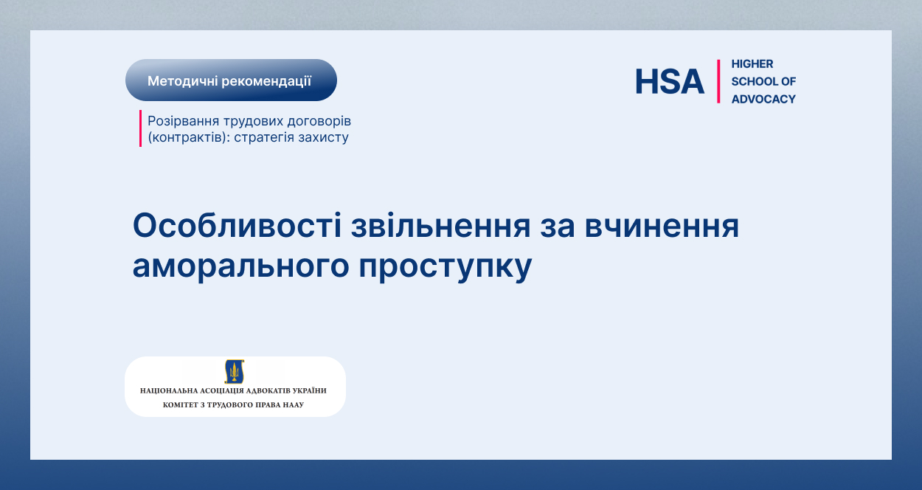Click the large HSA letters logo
pyautogui.click(x=670, y=81)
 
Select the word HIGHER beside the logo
pyautogui.click(x=752, y=63)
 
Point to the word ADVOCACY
pyautogui.click(x=763, y=99)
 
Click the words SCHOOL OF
pyautogui.click(x=763, y=81)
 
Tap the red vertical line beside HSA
pyautogui.click(x=718, y=81)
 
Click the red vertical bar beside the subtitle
pyautogui.click(x=140, y=128)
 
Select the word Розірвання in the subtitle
pyautogui.click(x=183, y=122)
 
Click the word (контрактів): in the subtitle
pyautogui.click(x=189, y=137)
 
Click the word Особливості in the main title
pyautogui.click(x=237, y=225)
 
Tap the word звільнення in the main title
pyautogui.click(x=441, y=226)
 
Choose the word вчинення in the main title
pyautogui.click(x=662, y=227)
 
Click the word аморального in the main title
pyautogui.click(x=240, y=266)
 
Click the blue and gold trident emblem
pyautogui.click(x=235, y=371)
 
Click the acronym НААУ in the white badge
pyautogui.click(x=293, y=404)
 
